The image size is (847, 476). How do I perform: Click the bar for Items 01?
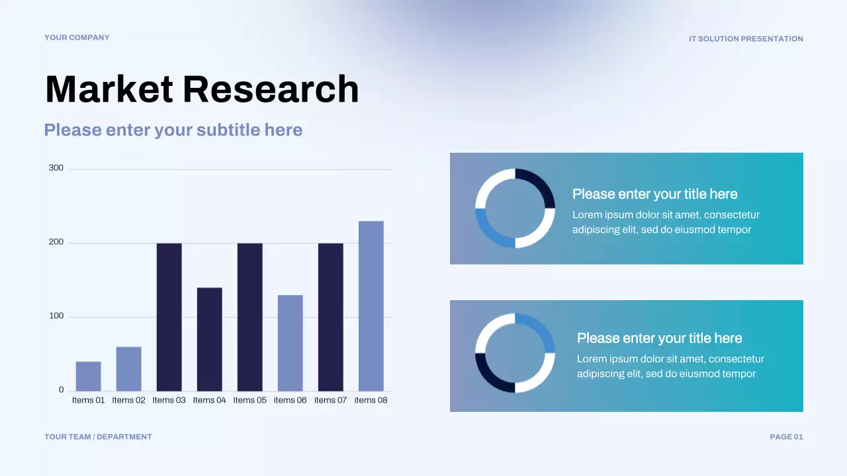[88, 376]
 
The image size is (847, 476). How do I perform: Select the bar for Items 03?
[169, 317]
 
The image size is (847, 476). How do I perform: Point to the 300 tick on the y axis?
[56, 168]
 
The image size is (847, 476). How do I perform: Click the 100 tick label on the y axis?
[56, 316]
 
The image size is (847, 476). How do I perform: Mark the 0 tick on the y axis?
[61, 390]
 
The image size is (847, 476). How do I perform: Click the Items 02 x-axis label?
[128, 400]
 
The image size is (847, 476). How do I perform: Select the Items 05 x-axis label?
[249, 400]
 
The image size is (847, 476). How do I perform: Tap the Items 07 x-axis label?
[330, 400]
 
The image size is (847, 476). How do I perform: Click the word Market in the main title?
[109, 89]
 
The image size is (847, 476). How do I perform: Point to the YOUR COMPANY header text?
[77, 38]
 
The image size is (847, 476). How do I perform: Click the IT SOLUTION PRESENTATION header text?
[746, 39]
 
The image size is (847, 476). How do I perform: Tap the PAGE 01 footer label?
[786, 437]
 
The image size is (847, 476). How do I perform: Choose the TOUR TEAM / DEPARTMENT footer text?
[98, 437]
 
